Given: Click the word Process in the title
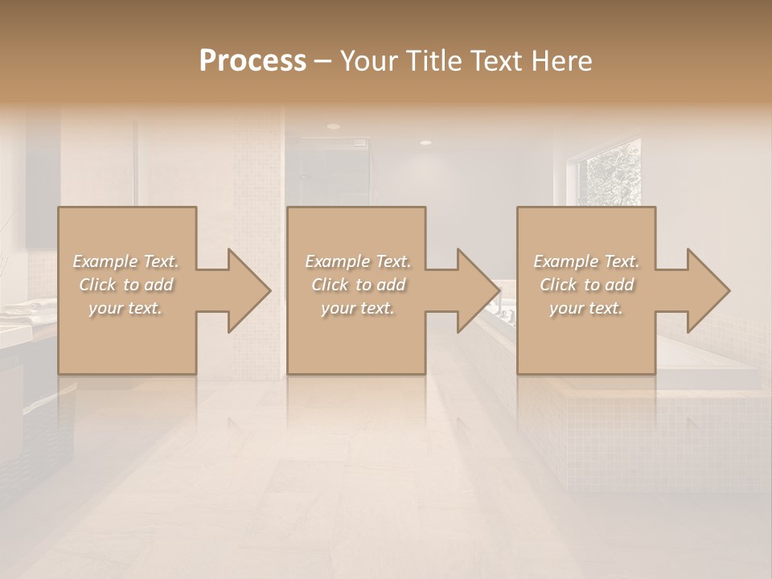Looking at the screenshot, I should click(x=253, y=61).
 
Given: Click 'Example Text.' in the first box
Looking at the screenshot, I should click(x=125, y=261).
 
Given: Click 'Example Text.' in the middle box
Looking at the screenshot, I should click(x=357, y=261).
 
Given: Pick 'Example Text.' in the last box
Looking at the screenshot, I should click(x=586, y=261).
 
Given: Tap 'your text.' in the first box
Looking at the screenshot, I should click(x=125, y=308).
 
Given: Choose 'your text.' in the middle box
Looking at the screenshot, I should click(x=357, y=308).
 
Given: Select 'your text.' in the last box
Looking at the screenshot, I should click(x=586, y=308).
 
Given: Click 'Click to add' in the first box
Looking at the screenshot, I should click(x=125, y=285).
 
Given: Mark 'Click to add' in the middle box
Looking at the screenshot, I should click(x=357, y=285).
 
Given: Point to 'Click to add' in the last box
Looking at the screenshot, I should click(x=586, y=285).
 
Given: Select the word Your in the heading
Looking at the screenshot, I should click(x=368, y=61).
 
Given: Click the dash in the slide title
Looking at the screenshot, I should click(x=322, y=62).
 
